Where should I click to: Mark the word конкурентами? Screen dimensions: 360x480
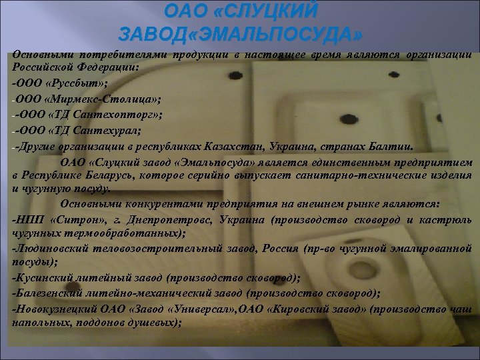(x=144, y=203)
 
